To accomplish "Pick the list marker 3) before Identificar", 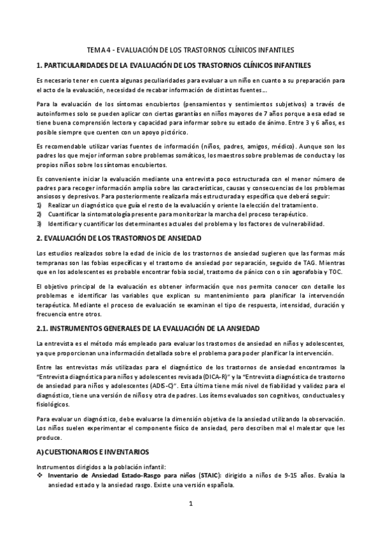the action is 39,223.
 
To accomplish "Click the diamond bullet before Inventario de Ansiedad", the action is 40,475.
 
